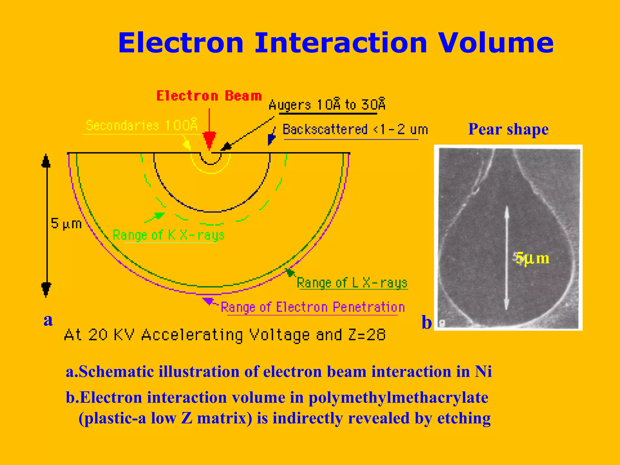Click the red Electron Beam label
coord(209,96)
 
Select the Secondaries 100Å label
coord(141,125)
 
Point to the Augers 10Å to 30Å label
coord(327,105)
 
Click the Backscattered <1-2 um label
coord(355,130)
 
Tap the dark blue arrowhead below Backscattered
coord(271,139)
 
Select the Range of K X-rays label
coord(168,235)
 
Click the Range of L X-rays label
coord(352,283)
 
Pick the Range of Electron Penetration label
coord(313,307)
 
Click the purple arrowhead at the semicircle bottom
coord(208,301)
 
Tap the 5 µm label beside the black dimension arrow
coord(66,224)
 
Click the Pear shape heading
coord(508,129)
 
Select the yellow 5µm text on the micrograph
coord(532,259)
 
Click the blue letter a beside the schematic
coord(48,320)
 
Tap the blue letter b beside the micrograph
coord(427,322)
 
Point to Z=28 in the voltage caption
coord(367,335)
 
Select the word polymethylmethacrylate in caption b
coord(398,398)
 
